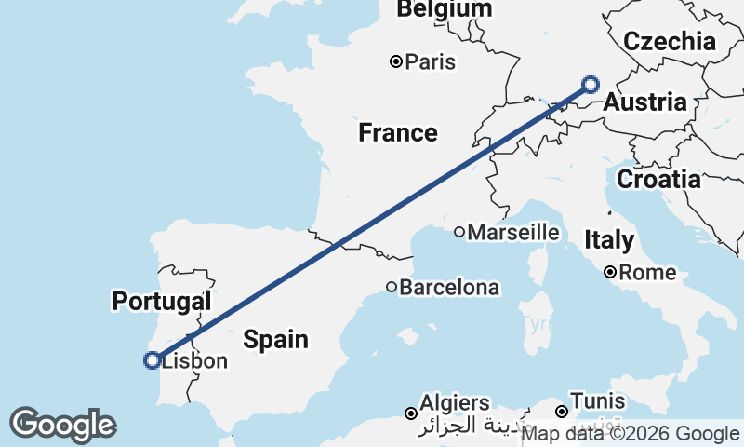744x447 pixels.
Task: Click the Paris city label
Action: (431, 62)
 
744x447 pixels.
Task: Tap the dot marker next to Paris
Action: (396, 62)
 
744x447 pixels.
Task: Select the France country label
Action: (398, 132)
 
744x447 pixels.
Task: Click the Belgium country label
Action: (444, 9)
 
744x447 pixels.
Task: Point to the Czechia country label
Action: (670, 41)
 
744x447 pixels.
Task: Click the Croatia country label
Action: (658, 179)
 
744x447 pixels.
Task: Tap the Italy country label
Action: (609, 240)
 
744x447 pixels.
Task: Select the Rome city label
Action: (647, 273)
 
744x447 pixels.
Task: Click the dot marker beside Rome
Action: (610, 273)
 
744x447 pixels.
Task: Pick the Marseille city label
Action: (513, 232)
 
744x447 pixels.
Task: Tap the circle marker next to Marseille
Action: (459, 232)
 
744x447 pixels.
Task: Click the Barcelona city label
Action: (449, 288)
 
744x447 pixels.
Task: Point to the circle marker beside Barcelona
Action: (392, 288)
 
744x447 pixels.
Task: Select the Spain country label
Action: (275, 339)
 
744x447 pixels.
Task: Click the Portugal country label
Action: (161, 301)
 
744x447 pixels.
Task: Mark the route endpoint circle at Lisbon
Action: (152, 360)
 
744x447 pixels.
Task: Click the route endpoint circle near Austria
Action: (591, 85)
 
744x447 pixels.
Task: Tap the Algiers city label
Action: (455, 403)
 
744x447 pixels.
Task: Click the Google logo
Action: (62, 425)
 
